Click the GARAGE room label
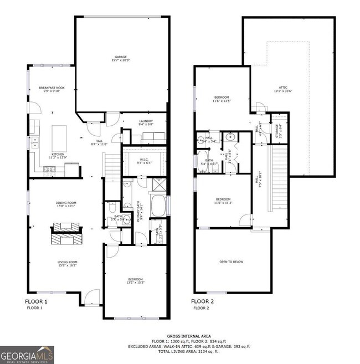click(x=121, y=58)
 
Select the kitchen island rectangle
click(x=58, y=135)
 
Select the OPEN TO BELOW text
click(x=232, y=262)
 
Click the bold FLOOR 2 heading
click(x=202, y=302)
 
